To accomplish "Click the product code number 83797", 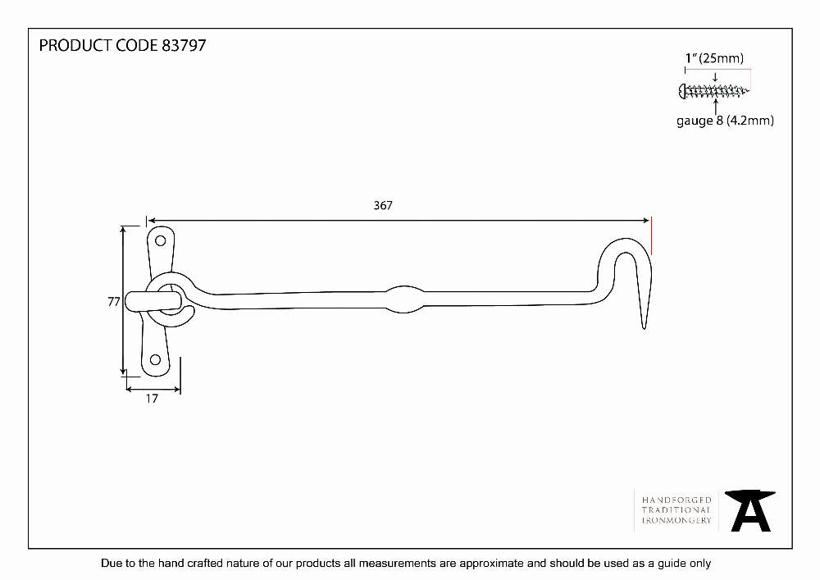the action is (x=184, y=45).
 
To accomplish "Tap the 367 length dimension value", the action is (x=383, y=206).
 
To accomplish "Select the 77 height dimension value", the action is (x=113, y=302).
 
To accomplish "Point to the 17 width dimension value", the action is (x=152, y=399).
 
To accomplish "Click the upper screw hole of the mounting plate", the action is (x=161, y=240).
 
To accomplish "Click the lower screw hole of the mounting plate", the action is (x=155, y=360).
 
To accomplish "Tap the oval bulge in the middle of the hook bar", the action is (x=404, y=299).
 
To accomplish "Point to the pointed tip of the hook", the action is (x=645, y=328).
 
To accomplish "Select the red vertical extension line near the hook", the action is (x=651, y=237).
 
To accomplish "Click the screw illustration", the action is (x=713, y=91).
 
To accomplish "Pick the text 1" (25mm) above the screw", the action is (x=714, y=58).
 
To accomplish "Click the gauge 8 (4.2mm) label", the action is (x=725, y=121).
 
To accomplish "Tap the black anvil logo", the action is (x=750, y=511).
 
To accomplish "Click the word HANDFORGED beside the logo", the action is (x=676, y=500).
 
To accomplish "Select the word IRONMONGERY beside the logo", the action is (x=676, y=520).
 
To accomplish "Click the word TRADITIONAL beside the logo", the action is (x=676, y=510).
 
